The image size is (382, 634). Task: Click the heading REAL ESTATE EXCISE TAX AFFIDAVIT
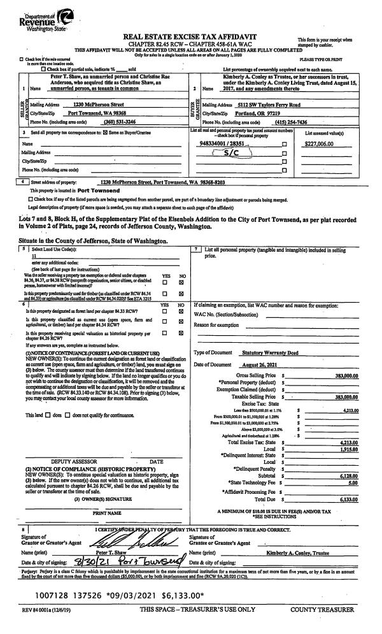click(x=185, y=38)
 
